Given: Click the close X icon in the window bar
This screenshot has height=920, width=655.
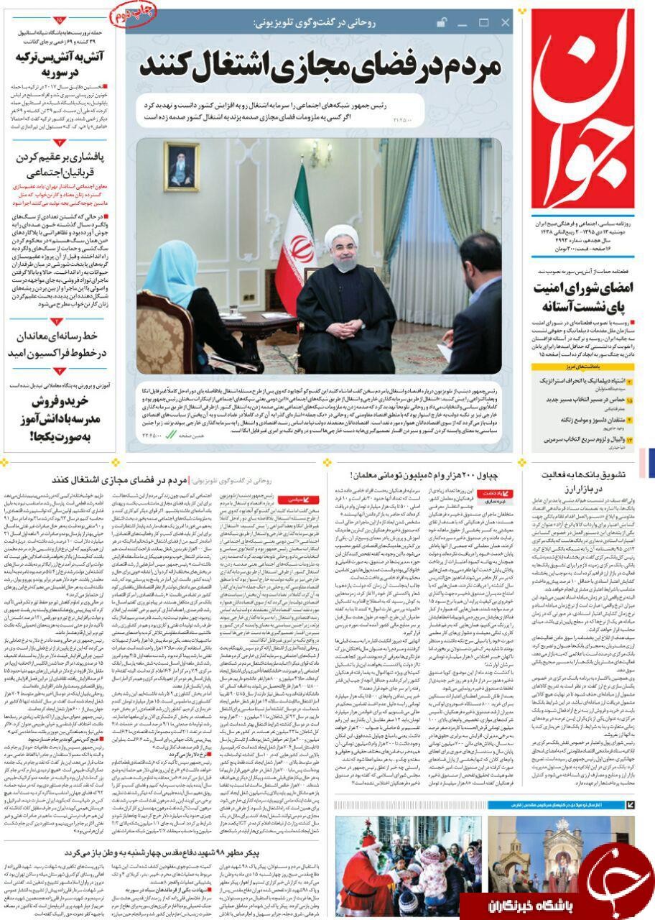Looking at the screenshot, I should pyautogui.click(x=505, y=23).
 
